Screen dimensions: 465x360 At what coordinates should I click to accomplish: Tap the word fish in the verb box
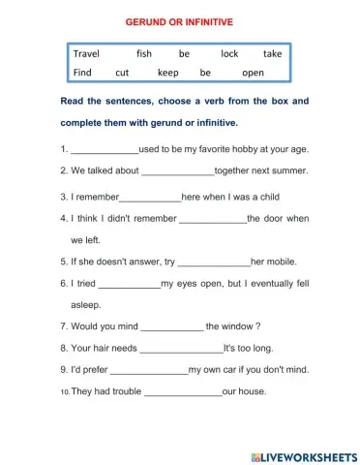[144, 54]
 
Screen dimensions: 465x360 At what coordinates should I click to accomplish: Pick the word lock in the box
[229, 54]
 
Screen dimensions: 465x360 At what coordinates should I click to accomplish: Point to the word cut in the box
[122, 73]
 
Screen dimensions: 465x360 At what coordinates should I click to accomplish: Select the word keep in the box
[168, 73]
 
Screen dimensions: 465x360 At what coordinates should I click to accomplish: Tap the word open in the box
[253, 73]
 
